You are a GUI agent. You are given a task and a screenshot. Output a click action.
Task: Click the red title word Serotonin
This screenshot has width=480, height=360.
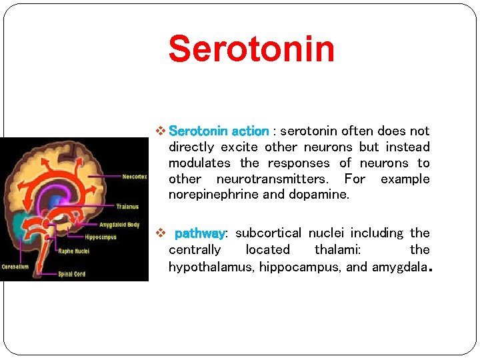click(251, 49)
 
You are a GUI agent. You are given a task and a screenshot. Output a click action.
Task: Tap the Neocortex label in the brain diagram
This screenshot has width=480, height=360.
click(135, 177)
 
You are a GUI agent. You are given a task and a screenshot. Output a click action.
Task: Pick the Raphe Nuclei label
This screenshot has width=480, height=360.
click(74, 251)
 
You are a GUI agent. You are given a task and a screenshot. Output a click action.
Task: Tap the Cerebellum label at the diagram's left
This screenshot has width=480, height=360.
click(15, 266)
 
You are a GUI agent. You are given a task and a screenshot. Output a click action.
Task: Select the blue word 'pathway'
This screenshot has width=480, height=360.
click(199, 233)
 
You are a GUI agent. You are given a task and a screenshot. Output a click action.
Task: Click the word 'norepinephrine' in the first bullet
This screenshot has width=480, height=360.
click(207, 195)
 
